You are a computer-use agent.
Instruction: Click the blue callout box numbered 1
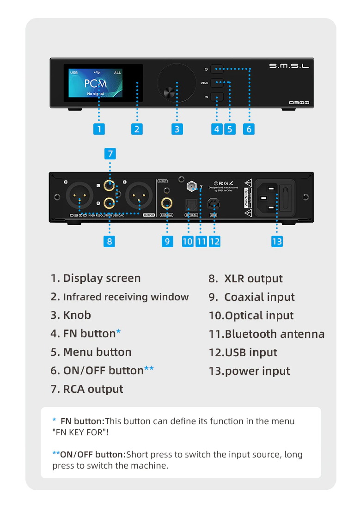[98, 129]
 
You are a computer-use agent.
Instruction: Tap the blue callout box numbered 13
[277, 241]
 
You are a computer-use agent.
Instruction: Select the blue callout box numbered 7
[110, 153]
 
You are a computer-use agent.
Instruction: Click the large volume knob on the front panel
[176, 84]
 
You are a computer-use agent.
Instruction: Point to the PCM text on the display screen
[96, 84]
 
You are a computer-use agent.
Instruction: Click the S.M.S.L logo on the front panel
[289, 66]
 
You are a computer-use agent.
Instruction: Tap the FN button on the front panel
[217, 97]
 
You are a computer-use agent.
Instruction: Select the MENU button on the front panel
[217, 83]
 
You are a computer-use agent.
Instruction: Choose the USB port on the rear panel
[214, 203]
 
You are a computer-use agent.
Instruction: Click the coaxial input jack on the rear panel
[166, 202]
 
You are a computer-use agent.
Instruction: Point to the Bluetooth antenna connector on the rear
[190, 187]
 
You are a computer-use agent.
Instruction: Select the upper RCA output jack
[110, 186]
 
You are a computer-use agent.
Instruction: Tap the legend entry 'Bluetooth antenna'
[275, 334]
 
